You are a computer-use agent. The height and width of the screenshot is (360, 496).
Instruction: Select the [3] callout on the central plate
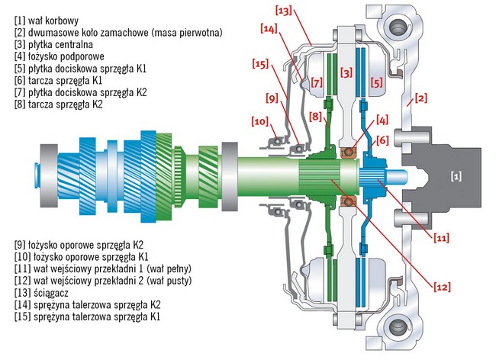click(x=348, y=72)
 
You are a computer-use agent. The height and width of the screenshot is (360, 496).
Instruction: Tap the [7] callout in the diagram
click(x=316, y=82)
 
